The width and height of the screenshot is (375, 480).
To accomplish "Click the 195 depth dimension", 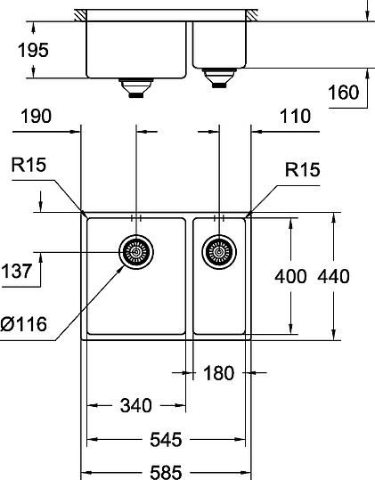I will tap(33, 50).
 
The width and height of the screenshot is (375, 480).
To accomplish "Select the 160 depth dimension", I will tap(342, 94).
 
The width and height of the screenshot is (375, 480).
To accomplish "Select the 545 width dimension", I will tap(165, 439).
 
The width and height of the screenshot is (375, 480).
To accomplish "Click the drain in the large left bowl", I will tap(135, 253).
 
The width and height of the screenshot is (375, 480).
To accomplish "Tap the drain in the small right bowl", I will tap(219, 253).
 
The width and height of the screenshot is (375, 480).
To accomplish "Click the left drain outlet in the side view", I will tap(135, 86).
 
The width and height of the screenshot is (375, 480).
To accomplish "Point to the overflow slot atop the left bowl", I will tap(135, 216).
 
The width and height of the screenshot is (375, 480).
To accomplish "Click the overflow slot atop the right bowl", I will tap(219, 216).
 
